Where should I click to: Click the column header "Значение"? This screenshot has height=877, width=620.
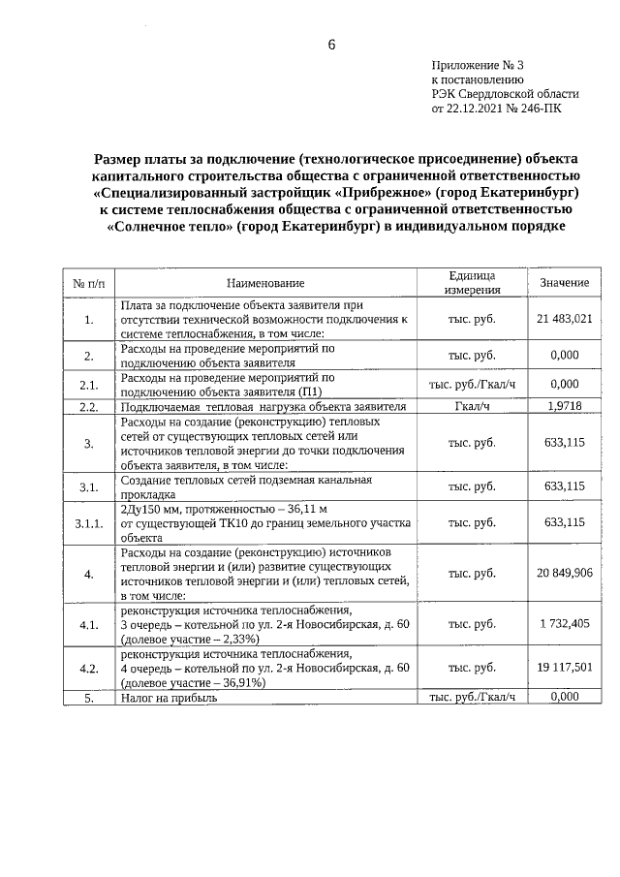point(564,282)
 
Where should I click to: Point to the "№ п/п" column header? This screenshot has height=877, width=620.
point(88,282)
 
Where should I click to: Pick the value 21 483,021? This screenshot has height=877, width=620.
point(564,318)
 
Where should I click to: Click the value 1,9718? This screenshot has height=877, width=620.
point(564,407)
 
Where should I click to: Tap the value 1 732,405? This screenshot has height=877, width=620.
point(564,625)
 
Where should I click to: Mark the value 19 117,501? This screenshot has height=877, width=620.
point(564,668)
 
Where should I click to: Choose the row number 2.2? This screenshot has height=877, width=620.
point(88,407)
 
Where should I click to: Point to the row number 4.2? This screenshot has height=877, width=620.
point(88,668)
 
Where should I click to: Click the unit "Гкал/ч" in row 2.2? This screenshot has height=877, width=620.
point(472,407)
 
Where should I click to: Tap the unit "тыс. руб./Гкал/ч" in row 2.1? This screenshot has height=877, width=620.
point(472,384)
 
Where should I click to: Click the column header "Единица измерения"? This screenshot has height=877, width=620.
point(472,282)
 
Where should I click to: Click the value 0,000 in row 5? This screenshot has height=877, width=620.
point(564,698)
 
